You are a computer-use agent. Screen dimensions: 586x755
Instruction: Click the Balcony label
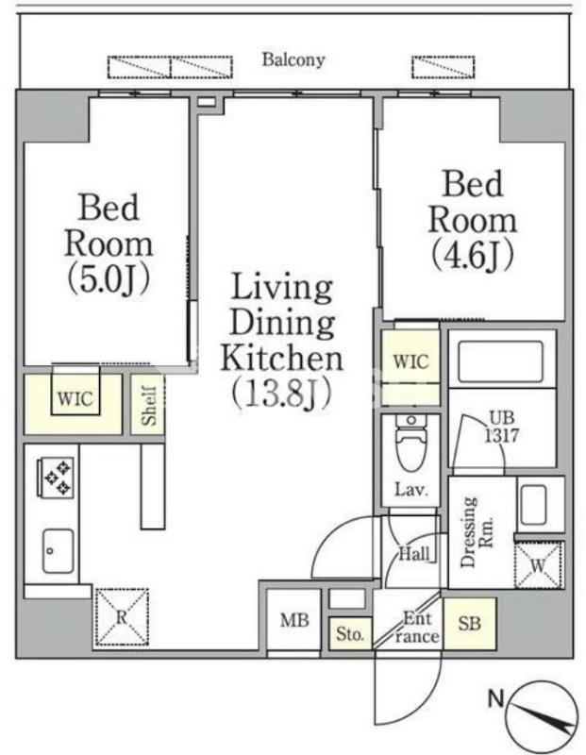tap(293, 59)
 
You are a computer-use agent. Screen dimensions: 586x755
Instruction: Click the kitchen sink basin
tap(58, 551)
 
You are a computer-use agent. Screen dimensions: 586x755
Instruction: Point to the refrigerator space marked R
tap(122, 617)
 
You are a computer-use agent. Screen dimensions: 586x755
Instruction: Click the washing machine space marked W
tap(538, 564)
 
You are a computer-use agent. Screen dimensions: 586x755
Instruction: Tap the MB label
tap(294, 620)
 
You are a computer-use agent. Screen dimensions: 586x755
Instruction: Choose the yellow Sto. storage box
tap(350, 633)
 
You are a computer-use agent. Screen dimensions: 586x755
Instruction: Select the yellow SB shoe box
tap(470, 624)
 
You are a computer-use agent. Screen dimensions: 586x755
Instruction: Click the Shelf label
tap(149, 406)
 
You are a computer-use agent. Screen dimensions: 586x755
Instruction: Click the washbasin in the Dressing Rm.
tap(532, 506)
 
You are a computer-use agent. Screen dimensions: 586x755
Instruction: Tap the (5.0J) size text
tap(109, 279)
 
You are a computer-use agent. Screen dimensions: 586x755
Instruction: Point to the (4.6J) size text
tap(472, 255)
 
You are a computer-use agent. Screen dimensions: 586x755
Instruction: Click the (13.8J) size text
tap(282, 393)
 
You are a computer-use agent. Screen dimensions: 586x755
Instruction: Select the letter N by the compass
tap(496, 697)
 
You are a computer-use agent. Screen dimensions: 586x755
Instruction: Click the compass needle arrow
tap(543, 717)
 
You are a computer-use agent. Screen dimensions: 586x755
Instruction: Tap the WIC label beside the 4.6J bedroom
tap(410, 361)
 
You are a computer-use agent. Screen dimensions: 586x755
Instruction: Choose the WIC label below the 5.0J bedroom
tap(75, 398)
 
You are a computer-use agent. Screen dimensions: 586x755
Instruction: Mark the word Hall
tap(414, 554)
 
